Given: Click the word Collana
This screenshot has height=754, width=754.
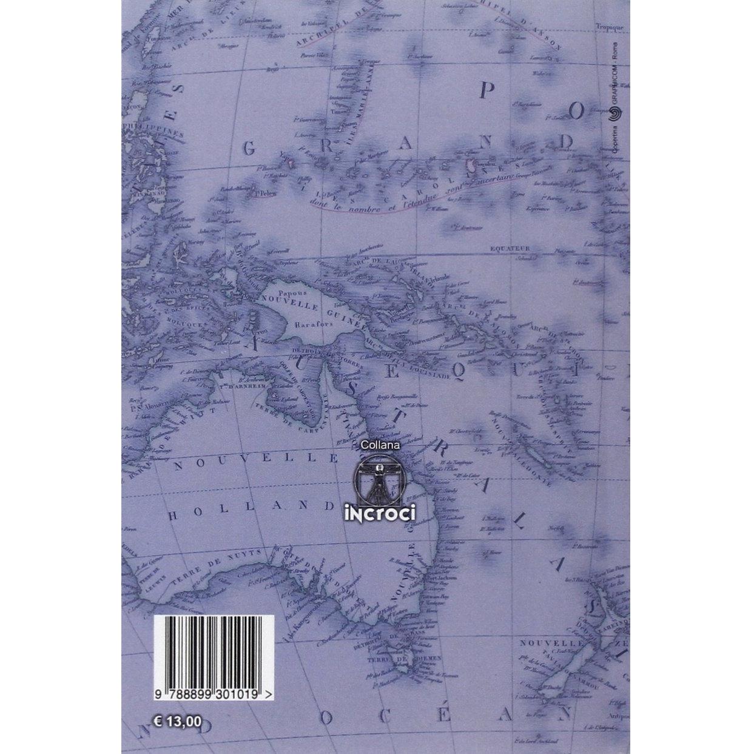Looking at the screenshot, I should click(378, 445).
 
